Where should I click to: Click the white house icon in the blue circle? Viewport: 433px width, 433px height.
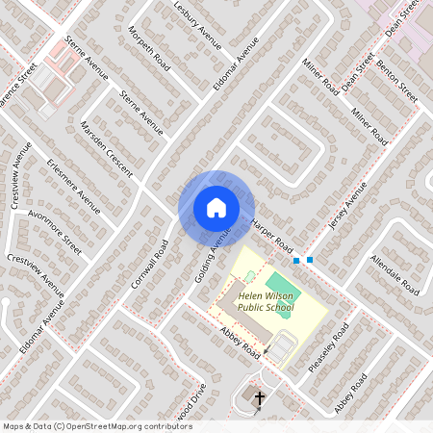coord(216,207)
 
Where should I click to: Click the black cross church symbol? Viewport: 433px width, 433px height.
coord(258,397)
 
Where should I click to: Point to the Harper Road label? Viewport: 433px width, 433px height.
coord(271,236)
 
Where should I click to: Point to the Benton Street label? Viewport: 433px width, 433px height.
coord(396,83)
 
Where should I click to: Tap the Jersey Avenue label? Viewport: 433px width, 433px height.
coord(348,208)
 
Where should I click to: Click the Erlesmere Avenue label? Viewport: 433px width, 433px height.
coord(73,186)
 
